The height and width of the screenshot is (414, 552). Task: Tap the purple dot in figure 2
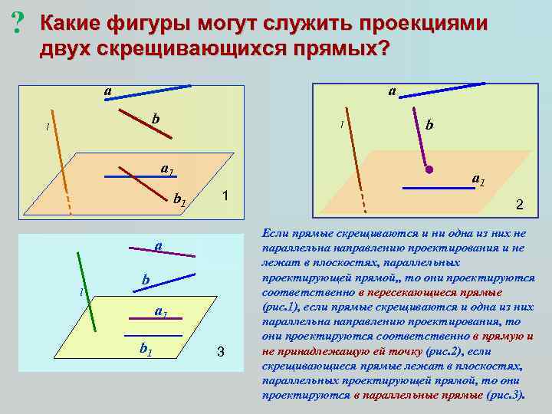click(x=430, y=168)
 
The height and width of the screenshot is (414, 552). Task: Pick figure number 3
click(x=220, y=352)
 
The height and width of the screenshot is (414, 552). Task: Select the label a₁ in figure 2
click(x=478, y=180)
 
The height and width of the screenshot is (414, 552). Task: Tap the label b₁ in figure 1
click(x=179, y=201)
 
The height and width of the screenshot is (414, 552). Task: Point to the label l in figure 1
click(x=48, y=127)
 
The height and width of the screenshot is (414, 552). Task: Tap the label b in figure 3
click(x=145, y=281)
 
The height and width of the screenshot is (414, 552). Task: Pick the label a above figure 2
click(x=392, y=91)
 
